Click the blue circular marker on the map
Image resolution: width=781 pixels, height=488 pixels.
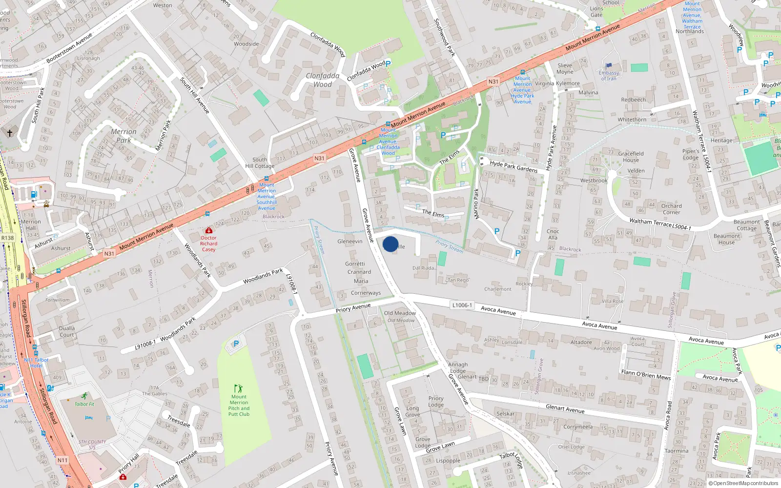390,244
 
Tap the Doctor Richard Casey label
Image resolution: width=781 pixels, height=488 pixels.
208,244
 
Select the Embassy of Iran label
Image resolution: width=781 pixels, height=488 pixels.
609,76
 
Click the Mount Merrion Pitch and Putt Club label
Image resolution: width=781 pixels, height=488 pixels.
239,406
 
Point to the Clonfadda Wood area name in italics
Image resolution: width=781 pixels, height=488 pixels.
323,80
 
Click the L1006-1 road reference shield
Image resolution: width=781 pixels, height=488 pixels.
462,305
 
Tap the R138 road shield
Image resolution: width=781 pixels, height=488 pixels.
8,238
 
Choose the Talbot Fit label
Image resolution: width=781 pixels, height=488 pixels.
84,404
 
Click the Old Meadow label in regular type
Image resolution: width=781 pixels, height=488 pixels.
400,313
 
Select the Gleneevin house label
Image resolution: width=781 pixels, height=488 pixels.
350,242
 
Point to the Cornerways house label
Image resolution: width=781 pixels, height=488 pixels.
366,293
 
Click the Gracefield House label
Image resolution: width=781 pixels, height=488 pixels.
631,157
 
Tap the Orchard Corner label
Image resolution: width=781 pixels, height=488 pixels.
671,209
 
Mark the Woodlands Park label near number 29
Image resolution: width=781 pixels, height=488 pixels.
263,277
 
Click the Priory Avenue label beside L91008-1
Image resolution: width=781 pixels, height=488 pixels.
353,308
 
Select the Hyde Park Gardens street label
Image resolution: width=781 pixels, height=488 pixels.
514,166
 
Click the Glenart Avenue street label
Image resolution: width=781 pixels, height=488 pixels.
565,409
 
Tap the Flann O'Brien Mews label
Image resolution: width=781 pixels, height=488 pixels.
646,375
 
